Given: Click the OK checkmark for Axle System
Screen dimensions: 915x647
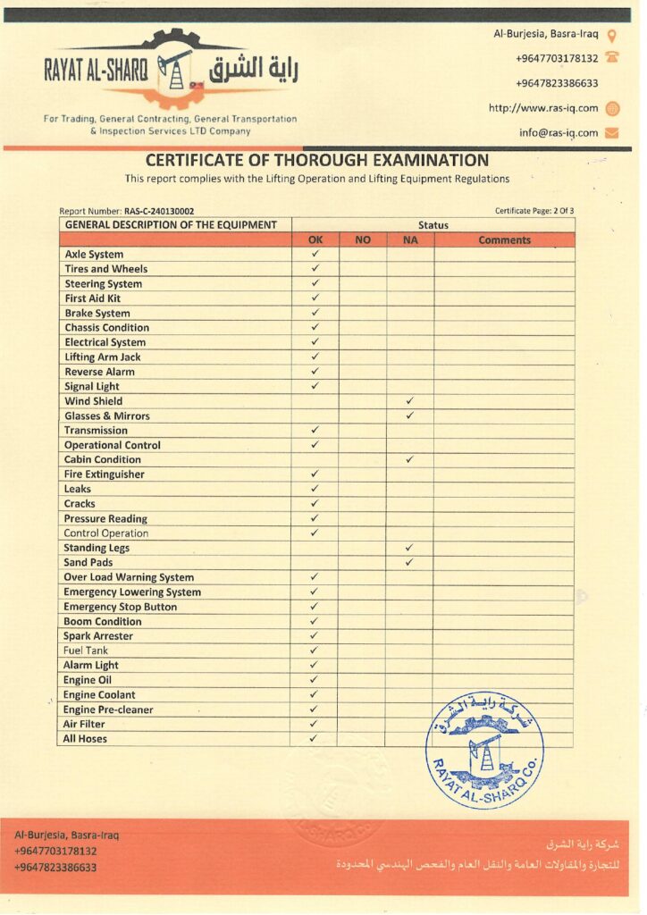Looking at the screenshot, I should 315,254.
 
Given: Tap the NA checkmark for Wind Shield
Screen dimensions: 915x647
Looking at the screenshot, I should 409,401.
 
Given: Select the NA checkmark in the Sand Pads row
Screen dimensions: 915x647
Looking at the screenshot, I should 408,562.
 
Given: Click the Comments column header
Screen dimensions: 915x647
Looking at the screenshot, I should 504,239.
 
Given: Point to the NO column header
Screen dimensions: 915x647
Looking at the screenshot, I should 362,239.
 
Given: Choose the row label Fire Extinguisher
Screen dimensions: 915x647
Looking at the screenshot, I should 104,474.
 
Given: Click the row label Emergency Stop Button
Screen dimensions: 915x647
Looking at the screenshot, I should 120,607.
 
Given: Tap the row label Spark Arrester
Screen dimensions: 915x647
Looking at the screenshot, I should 98,636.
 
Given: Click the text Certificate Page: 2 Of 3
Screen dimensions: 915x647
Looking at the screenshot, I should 534,211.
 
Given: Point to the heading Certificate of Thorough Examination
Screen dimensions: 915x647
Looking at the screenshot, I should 317,161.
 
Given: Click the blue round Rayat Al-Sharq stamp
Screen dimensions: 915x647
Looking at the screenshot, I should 483,751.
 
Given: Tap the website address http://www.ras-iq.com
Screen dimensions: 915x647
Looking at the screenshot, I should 543,108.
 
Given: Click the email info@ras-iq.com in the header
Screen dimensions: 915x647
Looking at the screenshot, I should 559,132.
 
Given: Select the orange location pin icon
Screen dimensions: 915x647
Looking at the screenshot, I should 612,36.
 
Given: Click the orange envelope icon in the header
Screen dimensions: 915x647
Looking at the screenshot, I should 612,133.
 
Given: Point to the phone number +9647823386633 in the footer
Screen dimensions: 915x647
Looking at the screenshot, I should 55,867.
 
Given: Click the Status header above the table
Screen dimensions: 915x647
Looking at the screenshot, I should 433,225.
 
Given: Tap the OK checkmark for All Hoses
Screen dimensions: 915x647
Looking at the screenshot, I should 314,738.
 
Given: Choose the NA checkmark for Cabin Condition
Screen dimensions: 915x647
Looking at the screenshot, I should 409,459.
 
